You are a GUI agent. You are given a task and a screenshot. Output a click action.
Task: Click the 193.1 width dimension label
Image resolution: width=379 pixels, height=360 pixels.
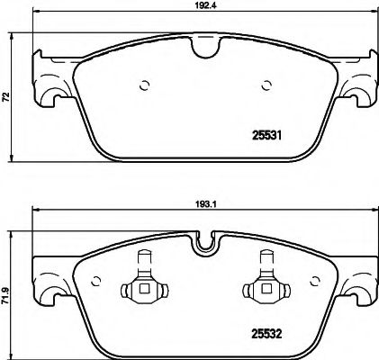click(x=204, y=204)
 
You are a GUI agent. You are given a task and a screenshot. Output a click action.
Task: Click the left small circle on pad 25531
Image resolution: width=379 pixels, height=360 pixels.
click(x=142, y=87)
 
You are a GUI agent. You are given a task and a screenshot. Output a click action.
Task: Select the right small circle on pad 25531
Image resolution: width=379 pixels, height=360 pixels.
click(x=266, y=87)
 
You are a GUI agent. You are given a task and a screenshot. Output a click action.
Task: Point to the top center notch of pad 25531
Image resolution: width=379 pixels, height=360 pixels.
click(x=203, y=44)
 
